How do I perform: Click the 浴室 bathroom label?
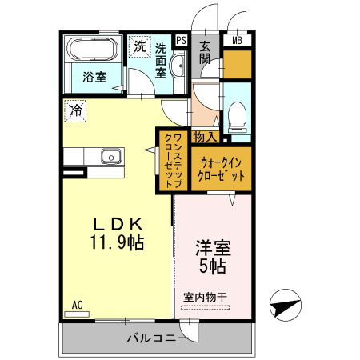(94, 79)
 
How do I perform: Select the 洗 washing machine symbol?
(141, 47)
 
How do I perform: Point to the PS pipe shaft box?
(181, 39)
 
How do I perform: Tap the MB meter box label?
(238, 39)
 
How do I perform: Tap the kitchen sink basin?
(109, 156)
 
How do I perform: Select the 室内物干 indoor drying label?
(205, 297)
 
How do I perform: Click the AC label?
(77, 305)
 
